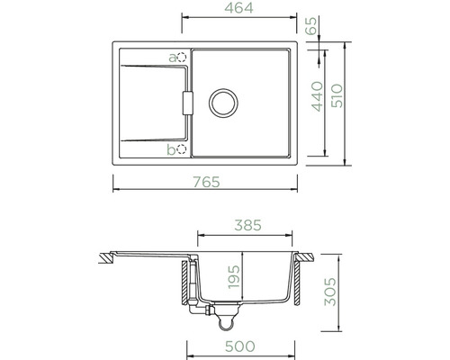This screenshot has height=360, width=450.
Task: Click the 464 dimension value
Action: (238, 8)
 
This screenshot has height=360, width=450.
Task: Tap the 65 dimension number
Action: (311, 26)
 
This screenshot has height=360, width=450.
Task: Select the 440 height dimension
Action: (318, 96)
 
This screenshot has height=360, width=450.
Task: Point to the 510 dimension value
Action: (337, 95)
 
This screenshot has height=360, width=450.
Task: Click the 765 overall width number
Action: (206, 182)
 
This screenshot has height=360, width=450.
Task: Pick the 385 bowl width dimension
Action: (247, 225)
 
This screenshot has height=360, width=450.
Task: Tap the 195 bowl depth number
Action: (234, 277)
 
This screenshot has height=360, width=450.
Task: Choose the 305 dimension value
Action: (330, 292)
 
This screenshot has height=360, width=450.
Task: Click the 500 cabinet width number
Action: (240, 346)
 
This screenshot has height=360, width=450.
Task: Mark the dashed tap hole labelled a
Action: (182, 57)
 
